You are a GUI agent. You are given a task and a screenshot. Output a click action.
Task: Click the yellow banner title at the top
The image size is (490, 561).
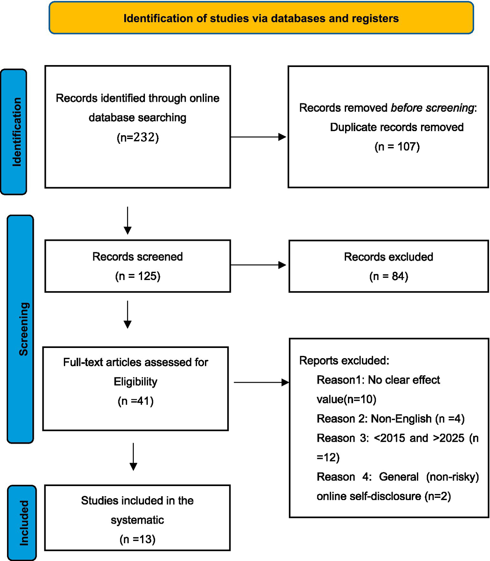[x=261, y=18]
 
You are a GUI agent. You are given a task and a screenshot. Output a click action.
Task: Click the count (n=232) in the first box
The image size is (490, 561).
[x=138, y=137]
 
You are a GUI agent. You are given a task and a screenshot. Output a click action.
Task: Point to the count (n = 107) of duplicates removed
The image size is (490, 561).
[x=397, y=147]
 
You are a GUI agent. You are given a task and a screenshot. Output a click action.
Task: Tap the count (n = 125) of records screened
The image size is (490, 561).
[x=138, y=276]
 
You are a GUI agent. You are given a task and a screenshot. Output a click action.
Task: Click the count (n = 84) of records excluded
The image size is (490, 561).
[x=388, y=276]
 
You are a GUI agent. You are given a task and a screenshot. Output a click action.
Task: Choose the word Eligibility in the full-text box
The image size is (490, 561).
[x=135, y=382]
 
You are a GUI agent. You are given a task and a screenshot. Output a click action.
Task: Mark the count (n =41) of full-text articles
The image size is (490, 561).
[x=135, y=401]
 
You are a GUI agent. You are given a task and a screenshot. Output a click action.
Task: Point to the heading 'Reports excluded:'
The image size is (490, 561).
[x=344, y=361]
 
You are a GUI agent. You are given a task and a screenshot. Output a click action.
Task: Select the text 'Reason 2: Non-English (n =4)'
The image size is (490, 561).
[x=390, y=419]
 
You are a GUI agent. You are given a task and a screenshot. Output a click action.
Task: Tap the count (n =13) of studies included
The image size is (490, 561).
[x=137, y=539]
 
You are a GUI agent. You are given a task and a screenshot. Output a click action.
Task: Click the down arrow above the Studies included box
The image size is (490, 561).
[x=133, y=457]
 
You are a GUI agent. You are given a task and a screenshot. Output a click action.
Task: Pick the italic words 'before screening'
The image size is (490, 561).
[x=432, y=108]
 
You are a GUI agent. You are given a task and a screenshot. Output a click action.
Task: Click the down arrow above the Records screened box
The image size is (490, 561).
[x=128, y=220]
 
